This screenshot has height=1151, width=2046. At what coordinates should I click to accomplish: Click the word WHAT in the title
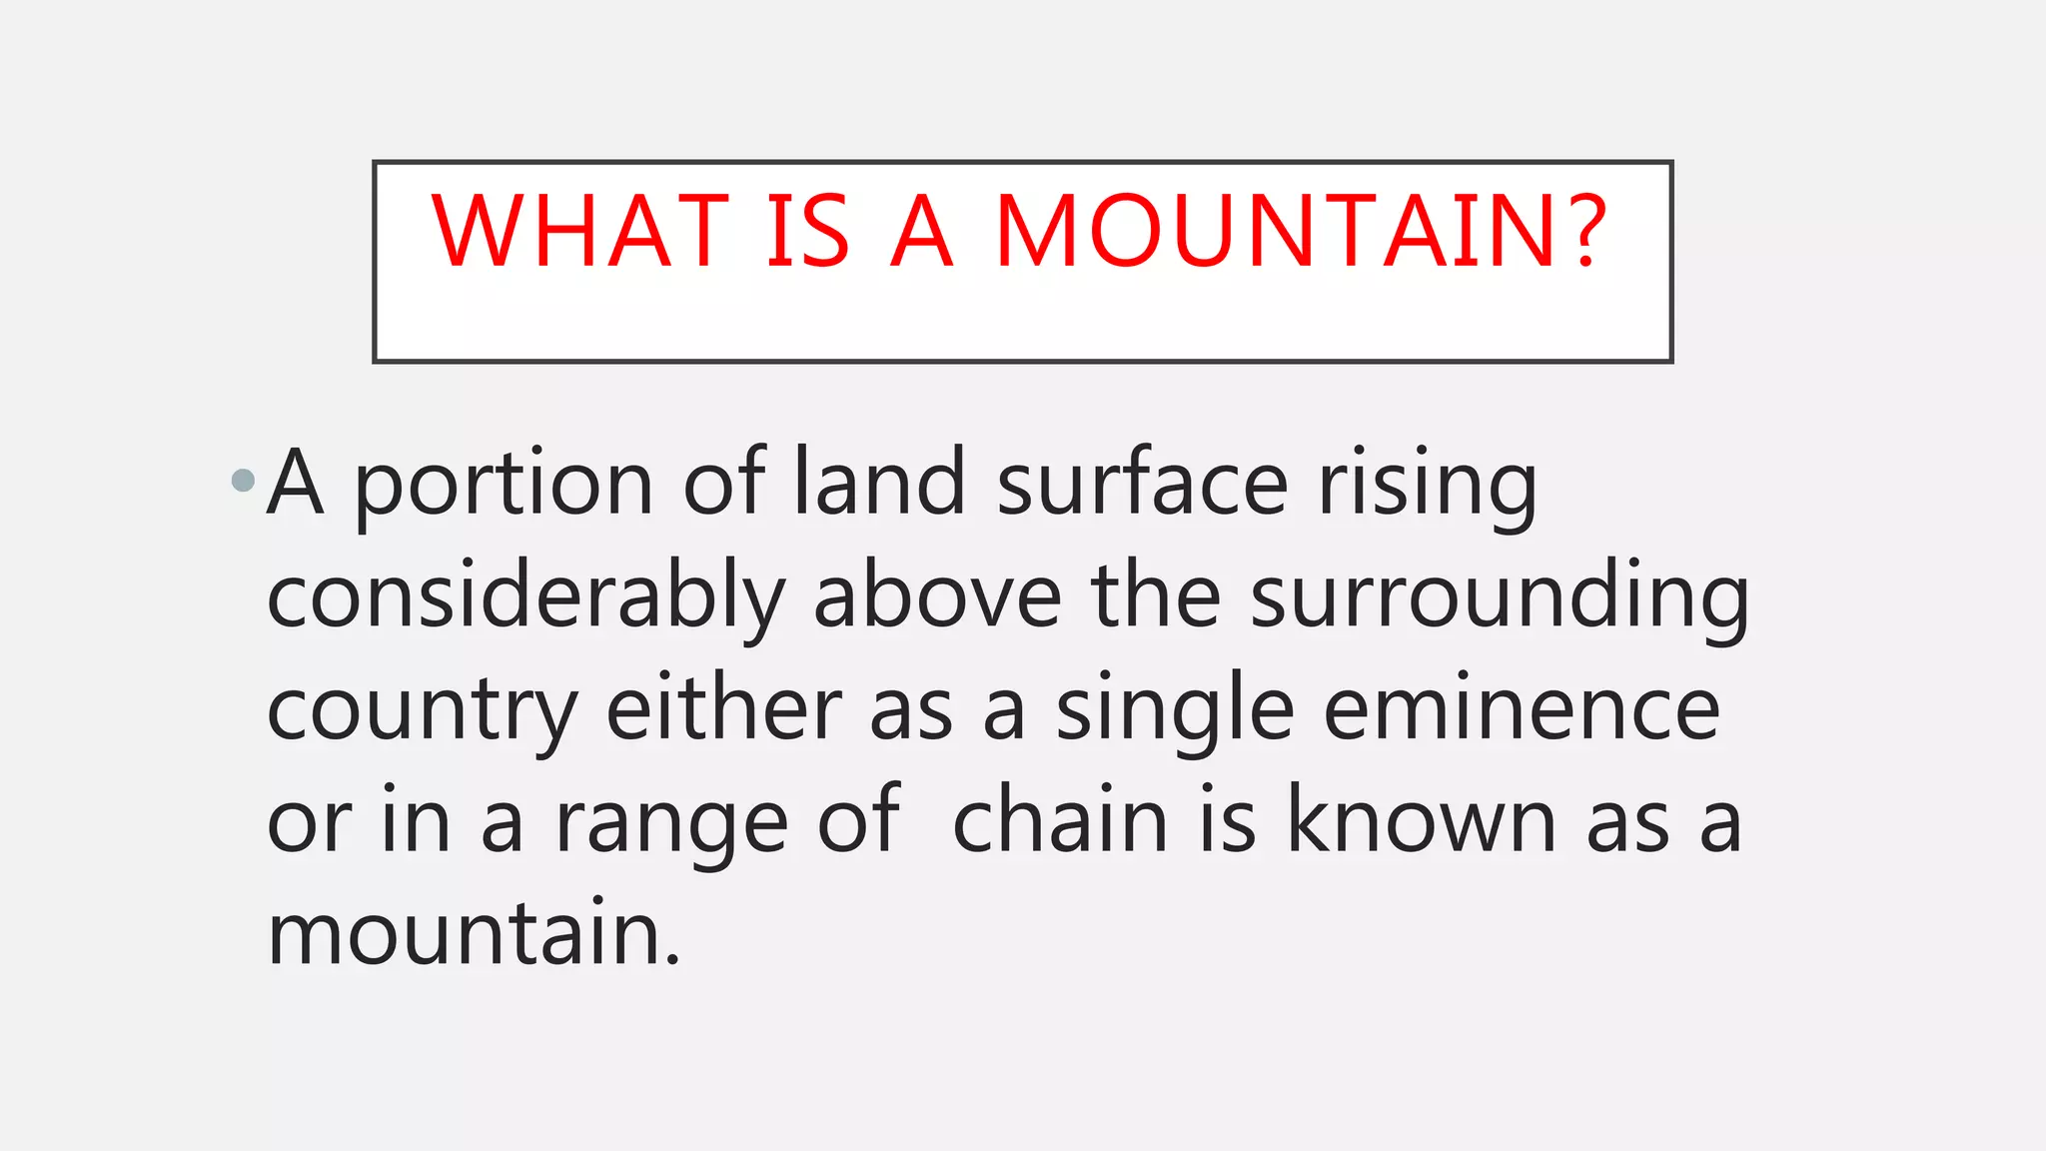click(580, 231)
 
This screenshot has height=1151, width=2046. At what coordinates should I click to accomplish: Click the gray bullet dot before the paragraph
click(243, 482)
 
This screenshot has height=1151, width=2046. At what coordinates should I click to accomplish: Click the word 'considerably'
click(525, 598)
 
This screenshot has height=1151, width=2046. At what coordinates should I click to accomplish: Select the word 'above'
click(937, 596)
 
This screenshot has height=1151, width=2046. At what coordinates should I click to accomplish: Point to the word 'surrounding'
click(1500, 598)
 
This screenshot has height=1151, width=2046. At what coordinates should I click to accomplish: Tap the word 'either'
click(724, 708)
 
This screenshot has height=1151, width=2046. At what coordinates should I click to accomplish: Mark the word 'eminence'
click(1522, 708)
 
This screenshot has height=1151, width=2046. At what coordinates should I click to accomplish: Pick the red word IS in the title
click(808, 231)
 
